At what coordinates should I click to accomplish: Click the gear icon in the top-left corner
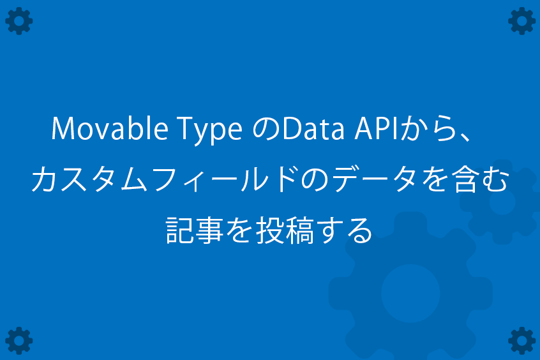coord(19,21)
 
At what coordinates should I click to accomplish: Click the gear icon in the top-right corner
coord(521,21)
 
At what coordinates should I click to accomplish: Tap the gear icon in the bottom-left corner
coord(19,340)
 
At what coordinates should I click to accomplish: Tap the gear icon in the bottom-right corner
coord(521,340)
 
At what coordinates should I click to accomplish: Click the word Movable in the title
coord(110,128)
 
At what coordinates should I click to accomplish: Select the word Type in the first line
coord(210,131)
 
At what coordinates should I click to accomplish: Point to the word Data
coord(313,129)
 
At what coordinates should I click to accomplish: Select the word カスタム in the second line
coord(89,179)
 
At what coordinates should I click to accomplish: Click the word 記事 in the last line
coord(194,230)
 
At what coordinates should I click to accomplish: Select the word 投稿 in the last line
coord(285,230)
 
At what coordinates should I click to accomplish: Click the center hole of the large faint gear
coord(410,293)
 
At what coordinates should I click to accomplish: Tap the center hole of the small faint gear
coord(502,202)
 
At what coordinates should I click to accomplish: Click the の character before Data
coord(266,129)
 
